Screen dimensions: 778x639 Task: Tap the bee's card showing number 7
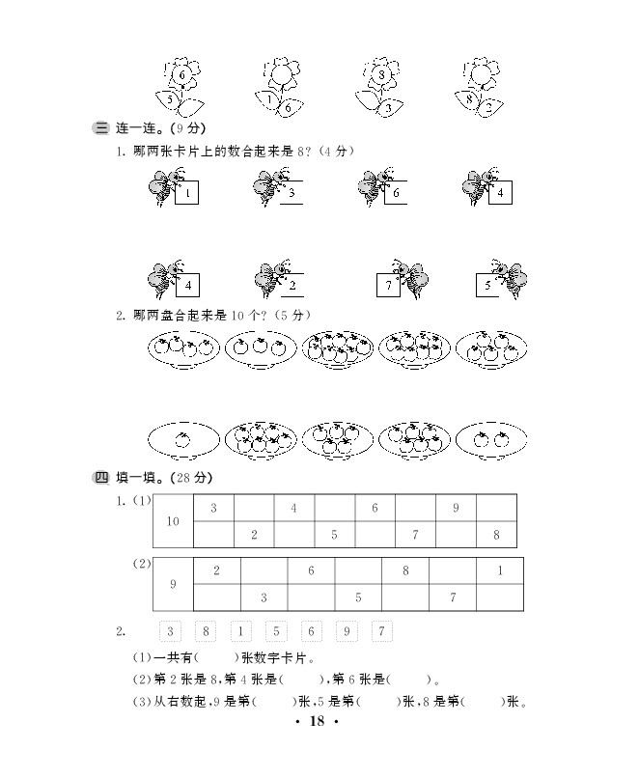pyautogui.click(x=387, y=285)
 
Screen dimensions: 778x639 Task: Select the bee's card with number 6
pyautogui.click(x=394, y=193)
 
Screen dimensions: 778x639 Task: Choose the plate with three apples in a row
pyautogui.click(x=259, y=347)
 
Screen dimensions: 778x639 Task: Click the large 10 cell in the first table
pyautogui.click(x=173, y=521)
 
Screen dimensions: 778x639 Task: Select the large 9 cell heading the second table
pyautogui.click(x=173, y=584)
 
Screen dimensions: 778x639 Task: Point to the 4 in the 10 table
pyautogui.click(x=293, y=508)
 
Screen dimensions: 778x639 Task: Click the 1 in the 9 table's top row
pyautogui.click(x=501, y=570)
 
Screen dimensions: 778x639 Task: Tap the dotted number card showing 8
pyautogui.click(x=204, y=632)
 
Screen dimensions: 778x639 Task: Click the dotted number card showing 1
pyautogui.click(x=238, y=632)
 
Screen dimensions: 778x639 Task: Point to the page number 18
pyautogui.click(x=319, y=722)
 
